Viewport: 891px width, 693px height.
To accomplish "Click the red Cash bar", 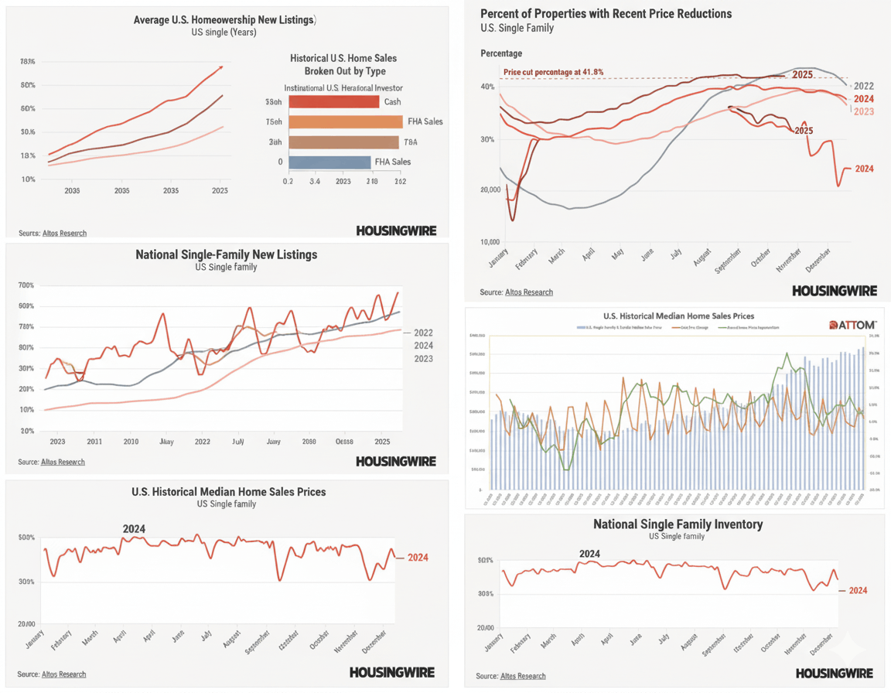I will click(333, 102).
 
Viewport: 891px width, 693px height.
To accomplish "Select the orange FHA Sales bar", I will click(345, 121).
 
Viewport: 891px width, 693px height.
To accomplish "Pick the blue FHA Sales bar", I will click(329, 162).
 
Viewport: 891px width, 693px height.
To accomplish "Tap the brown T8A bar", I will click(343, 142).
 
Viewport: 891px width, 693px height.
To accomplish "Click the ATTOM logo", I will click(852, 325).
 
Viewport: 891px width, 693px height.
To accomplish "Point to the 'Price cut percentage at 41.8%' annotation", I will click(553, 72).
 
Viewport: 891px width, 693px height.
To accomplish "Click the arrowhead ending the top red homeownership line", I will click(222, 67).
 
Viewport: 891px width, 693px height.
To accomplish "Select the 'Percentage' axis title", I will click(501, 53).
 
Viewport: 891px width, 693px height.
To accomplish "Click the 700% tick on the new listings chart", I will click(26, 285).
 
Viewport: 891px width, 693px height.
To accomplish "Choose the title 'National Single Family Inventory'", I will click(678, 524).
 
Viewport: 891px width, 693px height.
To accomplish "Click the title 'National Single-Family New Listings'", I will click(226, 254).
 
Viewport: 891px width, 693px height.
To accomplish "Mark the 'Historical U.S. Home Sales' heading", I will click(343, 58).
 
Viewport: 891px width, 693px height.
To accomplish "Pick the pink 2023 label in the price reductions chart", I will click(863, 112).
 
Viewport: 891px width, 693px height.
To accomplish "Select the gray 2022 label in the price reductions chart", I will click(863, 86).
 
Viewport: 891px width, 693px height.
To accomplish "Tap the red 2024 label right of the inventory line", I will click(858, 591).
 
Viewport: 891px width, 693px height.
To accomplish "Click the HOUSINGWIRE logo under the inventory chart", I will click(834, 673).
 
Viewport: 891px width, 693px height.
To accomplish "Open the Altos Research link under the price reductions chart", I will click(529, 292).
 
